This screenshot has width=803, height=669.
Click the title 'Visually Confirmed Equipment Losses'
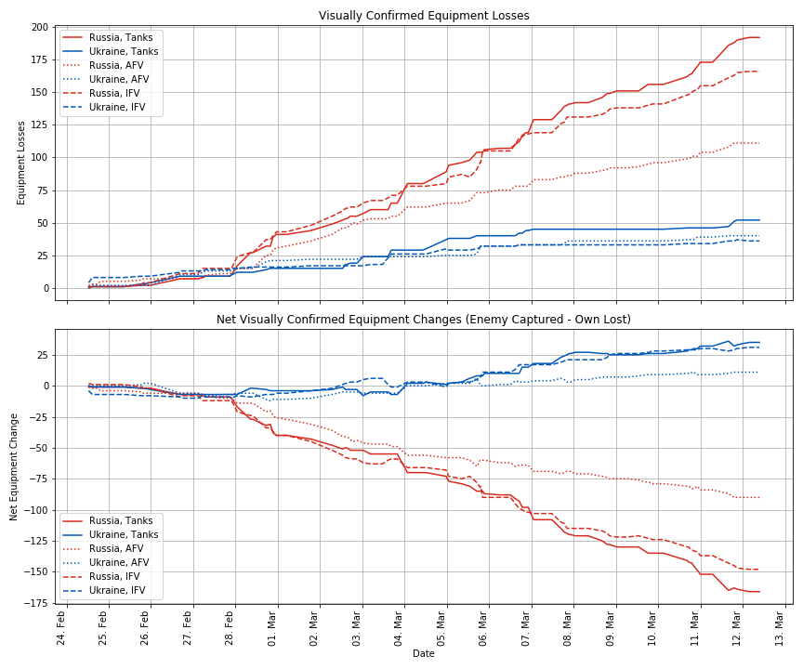coord(424,16)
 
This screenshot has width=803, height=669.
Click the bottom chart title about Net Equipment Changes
coord(424,320)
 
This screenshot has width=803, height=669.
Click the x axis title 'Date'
coord(424,654)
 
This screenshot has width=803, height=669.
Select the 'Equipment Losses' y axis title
coord(21,163)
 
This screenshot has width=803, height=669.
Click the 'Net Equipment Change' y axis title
coord(14,466)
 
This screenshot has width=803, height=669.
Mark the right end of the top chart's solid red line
coord(759,37)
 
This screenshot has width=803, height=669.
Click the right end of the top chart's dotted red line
coord(759,143)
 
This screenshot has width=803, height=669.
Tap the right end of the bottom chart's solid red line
coord(759,592)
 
